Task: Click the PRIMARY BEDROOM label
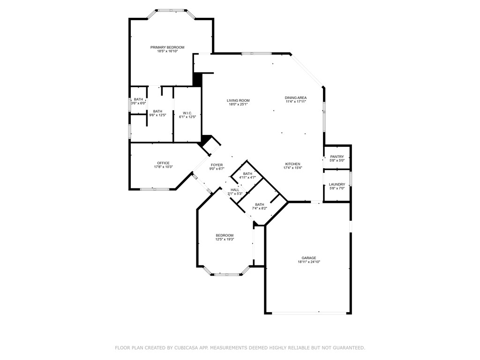coord(167,47)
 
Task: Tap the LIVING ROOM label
coord(238,100)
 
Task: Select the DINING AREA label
coord(296,97)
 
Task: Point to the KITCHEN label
coord(292,164)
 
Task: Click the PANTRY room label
coord(337,157)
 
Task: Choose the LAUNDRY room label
coord(337,184)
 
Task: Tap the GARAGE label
coord(308,258)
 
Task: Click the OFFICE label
coord(163,163)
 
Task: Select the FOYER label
coord(217,165)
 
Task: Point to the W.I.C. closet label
coord(187,113)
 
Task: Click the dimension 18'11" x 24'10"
coord(308,262)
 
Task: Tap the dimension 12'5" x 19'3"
coord(225,239)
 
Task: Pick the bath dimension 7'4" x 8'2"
coord(259,208)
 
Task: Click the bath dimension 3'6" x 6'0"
coord(138,103)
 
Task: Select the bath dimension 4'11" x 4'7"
coord(247,178)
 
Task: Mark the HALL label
coord(235,189)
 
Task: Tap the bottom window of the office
coord(155,189)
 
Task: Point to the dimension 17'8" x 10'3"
coord(163,167)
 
